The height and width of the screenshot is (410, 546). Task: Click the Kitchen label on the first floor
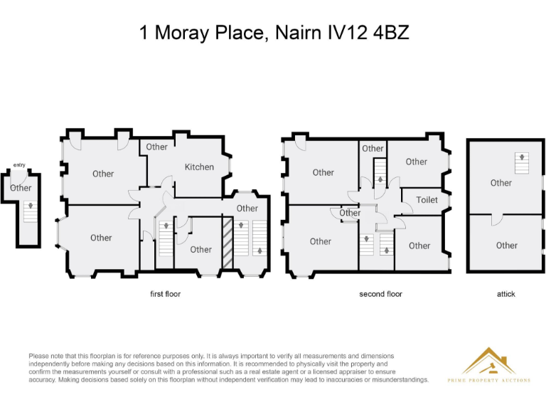coord(199,167)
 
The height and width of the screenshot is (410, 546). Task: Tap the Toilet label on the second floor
coord(427,200)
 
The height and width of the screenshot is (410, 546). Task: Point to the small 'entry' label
coord(19,165)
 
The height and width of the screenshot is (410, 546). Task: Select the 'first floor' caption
coord(165,294)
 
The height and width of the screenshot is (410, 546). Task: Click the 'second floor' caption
coord(381,294)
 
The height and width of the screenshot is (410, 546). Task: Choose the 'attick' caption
coord(505,294)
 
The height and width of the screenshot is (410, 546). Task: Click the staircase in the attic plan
coord(522,163)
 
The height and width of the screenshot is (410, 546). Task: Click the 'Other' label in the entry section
coord(21,188)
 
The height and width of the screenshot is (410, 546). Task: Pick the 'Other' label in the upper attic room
coord(501,183)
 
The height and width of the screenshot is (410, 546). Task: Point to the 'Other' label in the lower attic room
coord(506,246)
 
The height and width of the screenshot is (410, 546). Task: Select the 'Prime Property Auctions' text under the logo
coord(488,380)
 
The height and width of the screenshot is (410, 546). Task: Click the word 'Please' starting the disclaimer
coord(38,355)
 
